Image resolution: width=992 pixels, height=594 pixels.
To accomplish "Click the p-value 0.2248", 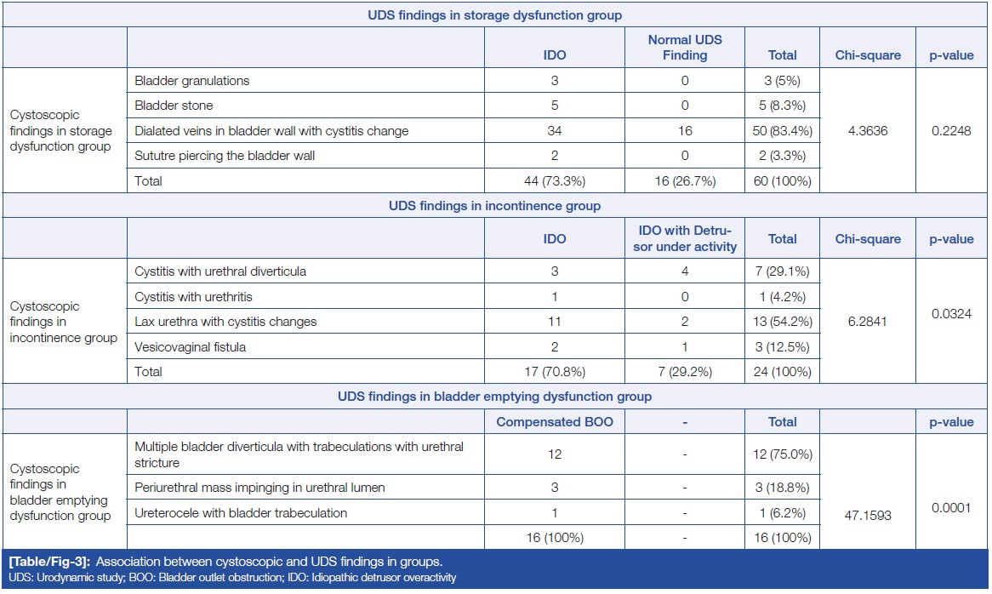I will [952, 130].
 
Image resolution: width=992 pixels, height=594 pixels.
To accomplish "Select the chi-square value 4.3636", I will [867, 130].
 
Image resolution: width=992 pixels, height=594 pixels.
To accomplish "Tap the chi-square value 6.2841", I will [867, 321].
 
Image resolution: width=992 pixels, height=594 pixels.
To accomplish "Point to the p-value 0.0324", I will [952, 313].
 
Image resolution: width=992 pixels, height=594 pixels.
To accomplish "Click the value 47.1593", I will [867, 516].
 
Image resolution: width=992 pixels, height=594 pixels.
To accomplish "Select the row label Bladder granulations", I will [191, 81].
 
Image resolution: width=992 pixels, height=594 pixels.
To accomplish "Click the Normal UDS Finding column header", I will [684, 48].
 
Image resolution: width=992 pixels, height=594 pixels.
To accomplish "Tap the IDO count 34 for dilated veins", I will [554, 131].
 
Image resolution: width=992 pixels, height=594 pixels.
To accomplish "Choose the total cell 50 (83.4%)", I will [782, 131].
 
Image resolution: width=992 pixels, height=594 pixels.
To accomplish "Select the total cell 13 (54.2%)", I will [782, 322].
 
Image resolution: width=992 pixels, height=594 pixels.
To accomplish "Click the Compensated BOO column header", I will [554, 422].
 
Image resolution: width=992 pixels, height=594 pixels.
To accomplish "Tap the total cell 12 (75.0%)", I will [782, 454].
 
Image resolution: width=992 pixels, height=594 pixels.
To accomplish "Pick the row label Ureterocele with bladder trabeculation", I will [241, 513].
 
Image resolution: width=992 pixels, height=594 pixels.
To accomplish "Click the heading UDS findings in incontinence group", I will [494, 206].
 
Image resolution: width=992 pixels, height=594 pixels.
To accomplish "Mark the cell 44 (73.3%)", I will [554, 180].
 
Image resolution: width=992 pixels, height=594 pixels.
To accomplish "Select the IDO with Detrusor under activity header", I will [684, 238].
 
